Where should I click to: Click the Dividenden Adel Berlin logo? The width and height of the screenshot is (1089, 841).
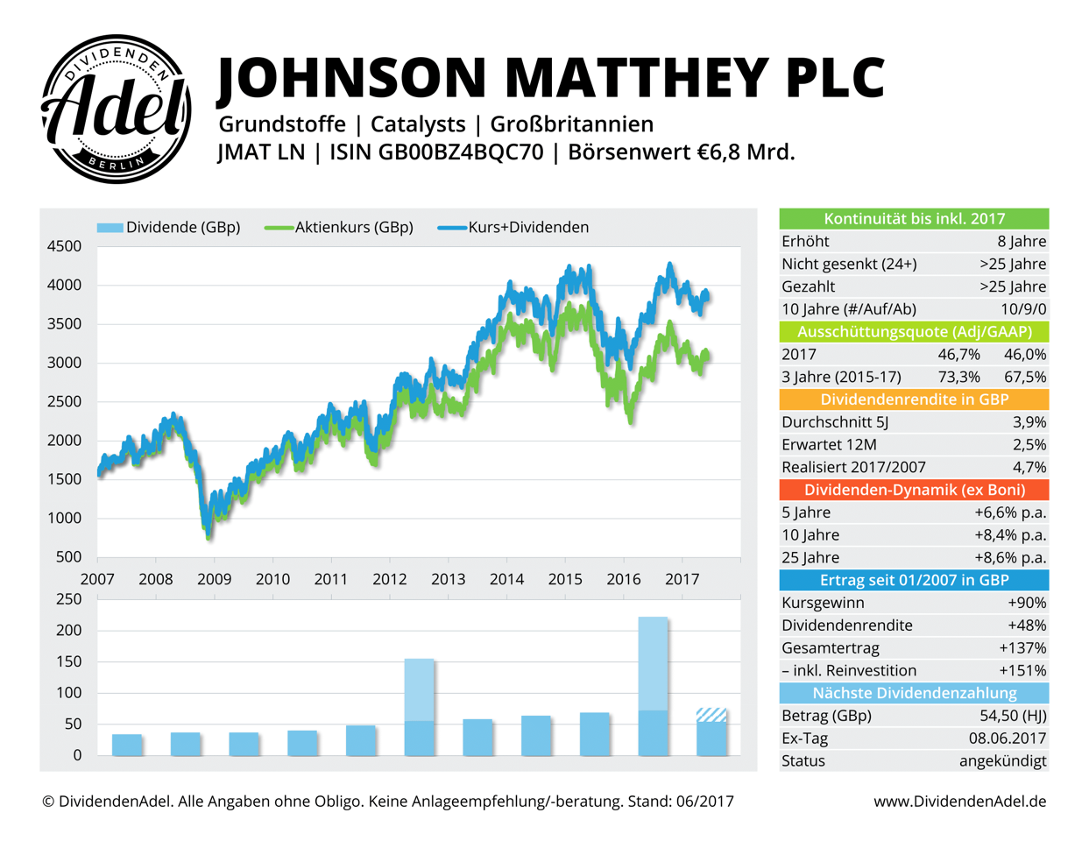point(117,110)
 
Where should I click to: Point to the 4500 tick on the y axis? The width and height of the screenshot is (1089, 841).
point(64,246)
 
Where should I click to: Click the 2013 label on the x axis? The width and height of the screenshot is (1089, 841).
point(448,579)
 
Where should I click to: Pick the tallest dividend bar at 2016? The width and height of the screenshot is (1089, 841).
point(653,666)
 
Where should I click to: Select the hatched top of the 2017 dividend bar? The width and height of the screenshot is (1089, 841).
point(711,715)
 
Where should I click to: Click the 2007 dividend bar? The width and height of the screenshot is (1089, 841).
point(127,745)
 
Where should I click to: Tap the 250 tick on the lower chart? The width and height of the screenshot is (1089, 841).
point(68,599)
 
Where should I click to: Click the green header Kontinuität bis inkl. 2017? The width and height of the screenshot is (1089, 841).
point(914,219)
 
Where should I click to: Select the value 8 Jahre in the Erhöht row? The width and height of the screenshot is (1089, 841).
point(1022,242)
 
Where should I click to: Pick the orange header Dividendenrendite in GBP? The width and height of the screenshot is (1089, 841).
point(914,399)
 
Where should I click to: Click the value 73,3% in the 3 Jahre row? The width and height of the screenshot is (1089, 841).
point(958,378)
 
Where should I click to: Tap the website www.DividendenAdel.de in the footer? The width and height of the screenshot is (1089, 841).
point(959,802)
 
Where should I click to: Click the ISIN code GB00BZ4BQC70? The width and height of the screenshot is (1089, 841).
point(460,152)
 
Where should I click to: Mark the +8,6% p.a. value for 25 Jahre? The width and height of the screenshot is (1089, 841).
point(1010,558)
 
